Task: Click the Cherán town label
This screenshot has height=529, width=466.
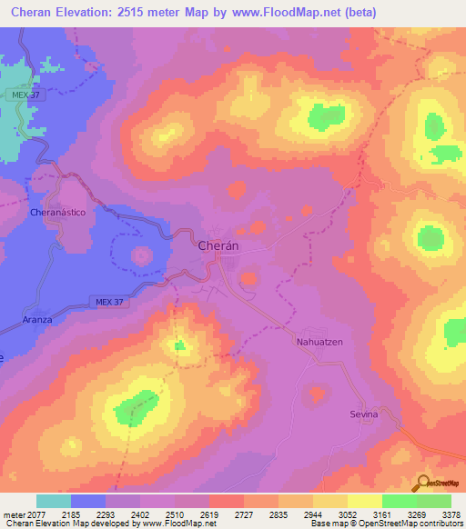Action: pos(218,245)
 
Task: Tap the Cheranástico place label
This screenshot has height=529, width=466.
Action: pos(57,211)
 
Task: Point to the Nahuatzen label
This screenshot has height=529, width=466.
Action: pos(318,343)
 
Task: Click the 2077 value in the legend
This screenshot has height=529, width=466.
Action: pos(36,514)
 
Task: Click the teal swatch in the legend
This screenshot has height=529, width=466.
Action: pos(54,501)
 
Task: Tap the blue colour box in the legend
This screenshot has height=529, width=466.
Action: pos(88,501)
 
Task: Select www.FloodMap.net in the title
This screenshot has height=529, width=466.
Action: pos(288,13)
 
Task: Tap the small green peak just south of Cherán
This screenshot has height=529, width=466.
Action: pos(180,344)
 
